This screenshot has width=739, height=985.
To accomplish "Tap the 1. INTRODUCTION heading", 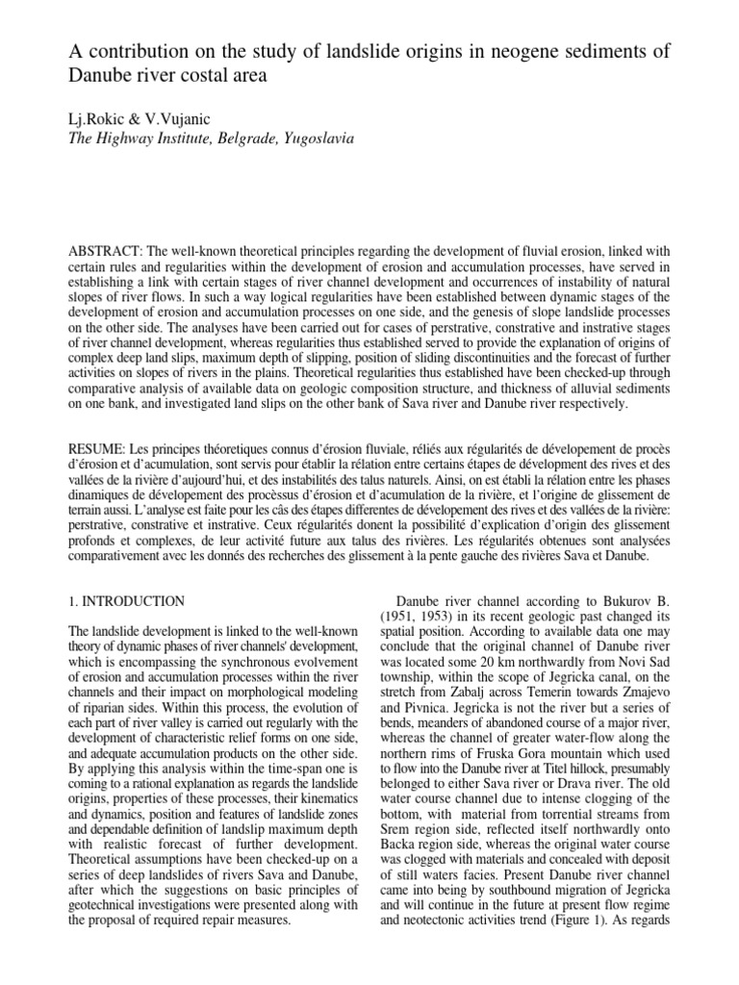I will click(126, 601).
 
